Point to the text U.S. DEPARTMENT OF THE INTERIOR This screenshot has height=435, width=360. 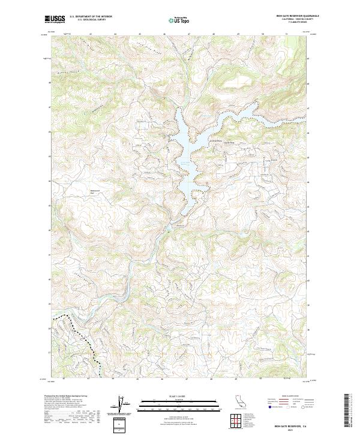(91, 17)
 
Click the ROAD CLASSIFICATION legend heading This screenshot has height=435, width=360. (283, 397)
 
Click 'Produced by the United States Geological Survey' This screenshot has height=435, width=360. (66, 397)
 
